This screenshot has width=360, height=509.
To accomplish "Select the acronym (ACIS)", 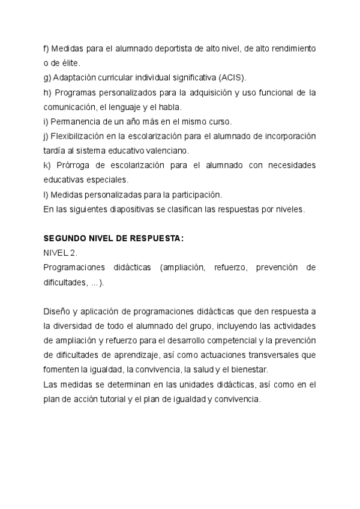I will click(229, 77).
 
